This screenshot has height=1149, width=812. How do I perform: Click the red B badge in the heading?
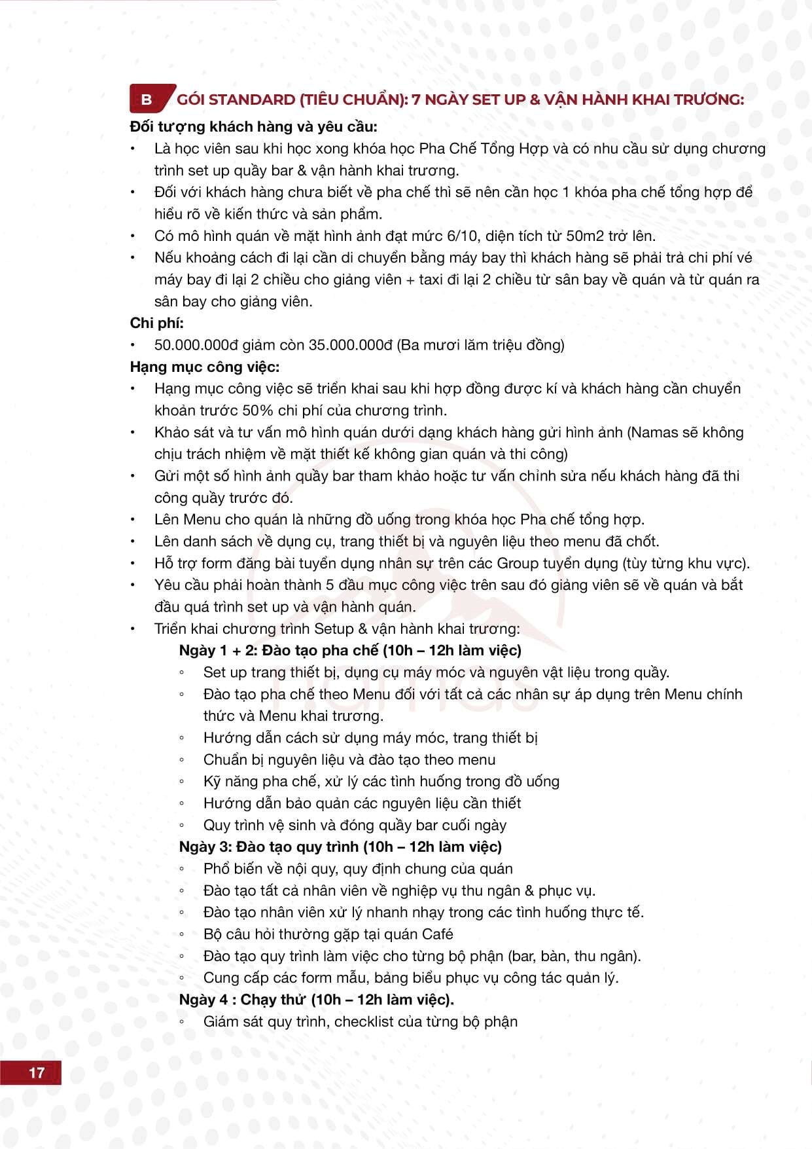point(147,100)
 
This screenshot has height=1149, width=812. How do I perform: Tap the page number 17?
point(37,1072)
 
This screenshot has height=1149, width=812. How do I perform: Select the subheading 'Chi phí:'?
point(157,323)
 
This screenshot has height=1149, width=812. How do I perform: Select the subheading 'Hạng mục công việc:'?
point(205,367)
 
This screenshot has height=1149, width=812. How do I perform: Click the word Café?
point(438,934)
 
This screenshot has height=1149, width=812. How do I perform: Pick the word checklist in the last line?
point(363,1021)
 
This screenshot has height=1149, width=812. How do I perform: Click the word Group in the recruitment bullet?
point(518,563)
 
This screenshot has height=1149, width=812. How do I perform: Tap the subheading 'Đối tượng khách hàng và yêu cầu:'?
point(254,126)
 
